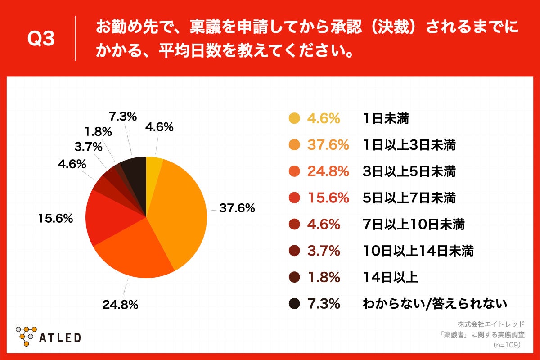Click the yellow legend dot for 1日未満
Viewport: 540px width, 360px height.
(x=294, y=119)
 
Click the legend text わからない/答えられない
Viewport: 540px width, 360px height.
(x=435, y=304)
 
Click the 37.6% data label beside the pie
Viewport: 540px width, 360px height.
(x=237, y=208)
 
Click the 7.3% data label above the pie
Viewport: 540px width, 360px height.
(x=123, y=117)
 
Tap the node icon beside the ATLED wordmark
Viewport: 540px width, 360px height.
(x=26, y=335)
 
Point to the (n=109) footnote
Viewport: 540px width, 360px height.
(x=507, y=345)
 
